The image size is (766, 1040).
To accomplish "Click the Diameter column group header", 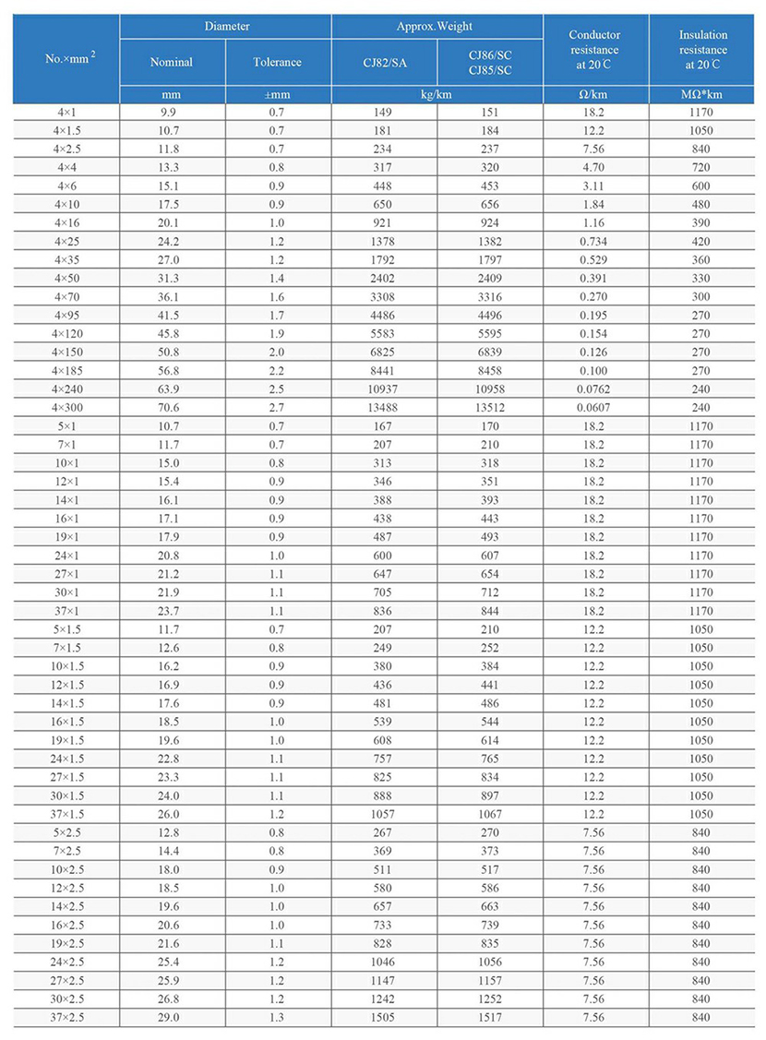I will coord(225,27).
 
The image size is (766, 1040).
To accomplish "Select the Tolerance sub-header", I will coord(277,63).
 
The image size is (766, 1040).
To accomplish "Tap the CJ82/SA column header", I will coord(383,63).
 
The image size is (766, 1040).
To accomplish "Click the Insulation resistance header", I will coord(702,50).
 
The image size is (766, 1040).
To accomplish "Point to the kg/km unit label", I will coord(437,94).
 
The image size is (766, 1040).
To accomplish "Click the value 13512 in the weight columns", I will coord(489,407).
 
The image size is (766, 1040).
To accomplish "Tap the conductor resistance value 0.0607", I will coord(595,407).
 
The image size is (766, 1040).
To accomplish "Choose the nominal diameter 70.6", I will coord(172,407).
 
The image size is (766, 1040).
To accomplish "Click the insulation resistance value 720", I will coord(702,167).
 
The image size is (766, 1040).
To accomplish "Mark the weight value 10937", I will coord(383,389).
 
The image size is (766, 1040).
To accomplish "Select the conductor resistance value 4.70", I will coord(595,167).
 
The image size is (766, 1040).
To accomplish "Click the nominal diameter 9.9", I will coord(172,112).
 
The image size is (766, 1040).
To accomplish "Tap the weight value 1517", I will coord(489,1017).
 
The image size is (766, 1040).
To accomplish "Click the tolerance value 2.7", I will coord(277,407).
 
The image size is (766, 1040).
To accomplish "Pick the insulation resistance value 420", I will coord(702,241).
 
